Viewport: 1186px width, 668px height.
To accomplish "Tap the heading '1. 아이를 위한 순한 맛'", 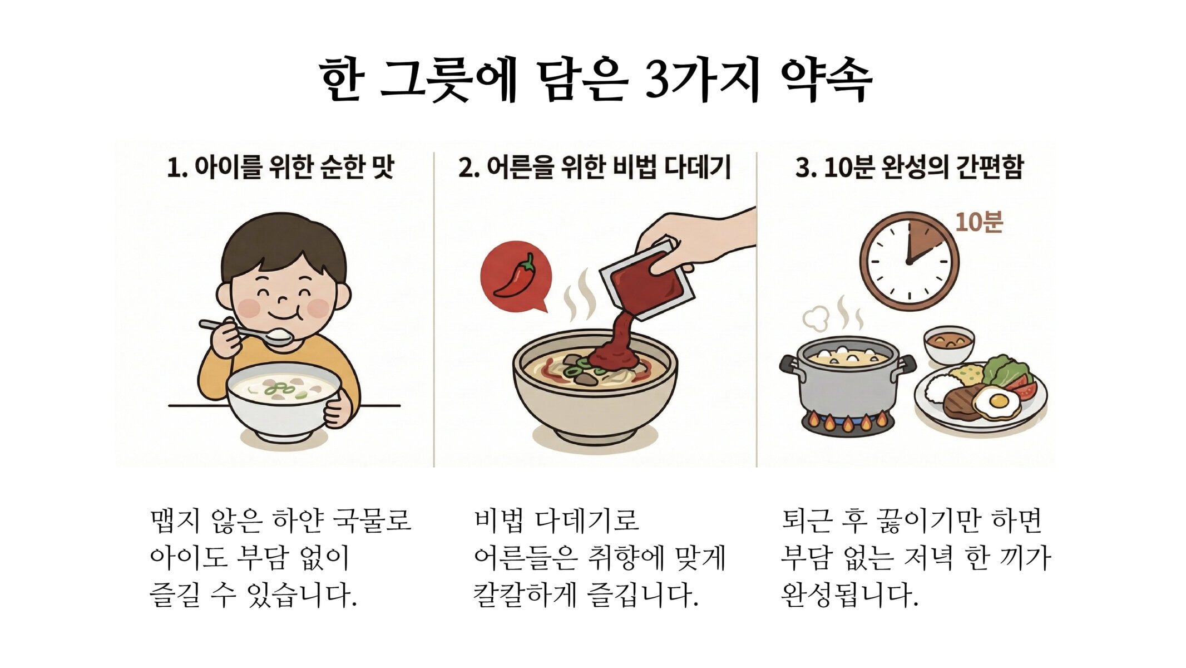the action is [281, 167].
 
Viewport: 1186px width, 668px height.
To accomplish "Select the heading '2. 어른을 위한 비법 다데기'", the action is [595, 167].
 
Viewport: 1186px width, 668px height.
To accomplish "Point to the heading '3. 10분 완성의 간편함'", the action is [909, 167].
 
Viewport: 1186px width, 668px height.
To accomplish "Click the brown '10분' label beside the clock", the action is [979, 222].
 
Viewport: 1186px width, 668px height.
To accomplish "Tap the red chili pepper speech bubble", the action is [516, 276].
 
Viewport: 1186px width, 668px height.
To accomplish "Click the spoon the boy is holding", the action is [245, 332].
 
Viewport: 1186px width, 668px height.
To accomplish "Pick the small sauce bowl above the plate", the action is [949, 343].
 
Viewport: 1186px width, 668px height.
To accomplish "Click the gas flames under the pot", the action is [847, 421].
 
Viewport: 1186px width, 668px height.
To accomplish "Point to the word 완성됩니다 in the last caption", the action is [849, 595].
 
